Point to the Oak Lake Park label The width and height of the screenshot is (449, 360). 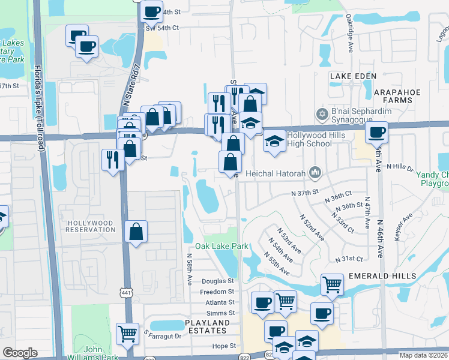coord(221,246)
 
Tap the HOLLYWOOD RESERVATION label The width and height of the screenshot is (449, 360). coord(90,226)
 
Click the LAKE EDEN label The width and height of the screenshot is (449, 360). coord(353,76)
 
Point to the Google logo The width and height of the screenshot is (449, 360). coord(20,353)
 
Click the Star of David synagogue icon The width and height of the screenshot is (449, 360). coord(322,113)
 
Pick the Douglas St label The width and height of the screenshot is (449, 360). coord(217,281)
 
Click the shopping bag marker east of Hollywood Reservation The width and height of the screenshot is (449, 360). coord(136,232)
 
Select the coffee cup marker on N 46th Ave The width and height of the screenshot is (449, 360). coord(376,133)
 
